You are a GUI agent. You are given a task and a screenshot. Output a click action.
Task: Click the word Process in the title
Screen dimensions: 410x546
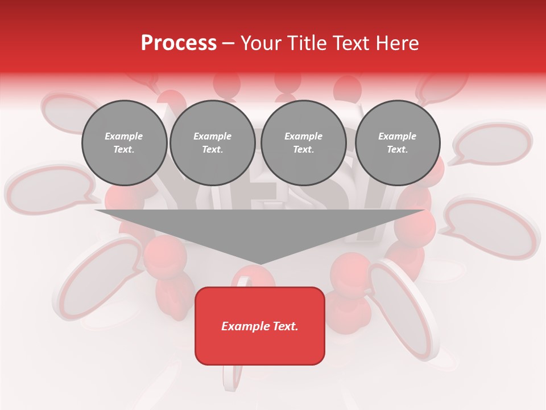click(x=179, y=43)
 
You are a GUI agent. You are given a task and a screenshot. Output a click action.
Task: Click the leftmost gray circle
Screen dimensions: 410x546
click(x=124, y=142)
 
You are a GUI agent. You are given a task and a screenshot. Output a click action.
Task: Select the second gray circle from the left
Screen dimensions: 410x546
click(x=212, y=142)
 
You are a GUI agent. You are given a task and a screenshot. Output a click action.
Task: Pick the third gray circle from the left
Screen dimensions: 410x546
click(x=303, y=142)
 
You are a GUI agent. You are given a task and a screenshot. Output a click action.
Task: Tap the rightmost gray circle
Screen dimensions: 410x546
click(x=397, y=142)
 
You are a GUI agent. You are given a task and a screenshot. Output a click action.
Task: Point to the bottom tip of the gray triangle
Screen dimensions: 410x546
click(x=260, y=263)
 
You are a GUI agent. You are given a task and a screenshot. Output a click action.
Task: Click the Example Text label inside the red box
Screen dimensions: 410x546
click(x=259, y=326)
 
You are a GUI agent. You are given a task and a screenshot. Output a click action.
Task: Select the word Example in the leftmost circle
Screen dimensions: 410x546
click(x=124, y=136)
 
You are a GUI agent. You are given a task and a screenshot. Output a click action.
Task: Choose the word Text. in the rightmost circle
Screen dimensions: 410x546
click(x=397, y=149)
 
